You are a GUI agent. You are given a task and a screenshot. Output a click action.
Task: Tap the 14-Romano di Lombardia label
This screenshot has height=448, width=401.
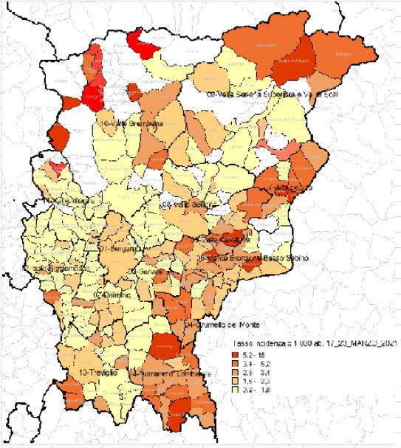171,375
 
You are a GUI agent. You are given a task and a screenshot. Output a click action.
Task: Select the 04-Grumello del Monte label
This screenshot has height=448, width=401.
226,324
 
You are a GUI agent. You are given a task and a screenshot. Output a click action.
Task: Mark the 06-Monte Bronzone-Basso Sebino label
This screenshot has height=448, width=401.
251,258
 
